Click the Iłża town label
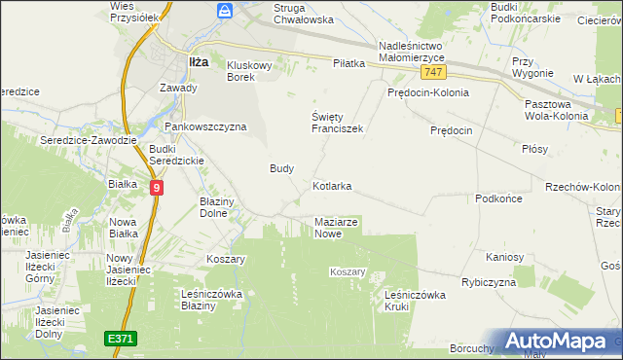(198, 61)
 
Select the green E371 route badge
(121, 338)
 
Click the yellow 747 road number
(434, 73)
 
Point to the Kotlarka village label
(332, 185)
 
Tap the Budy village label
(281, 168)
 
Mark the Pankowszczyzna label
(205, 126)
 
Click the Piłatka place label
(348, 63)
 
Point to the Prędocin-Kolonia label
(427, 92)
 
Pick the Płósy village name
(534, 149)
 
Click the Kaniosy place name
(505, 258)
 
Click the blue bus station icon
(225, 11)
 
